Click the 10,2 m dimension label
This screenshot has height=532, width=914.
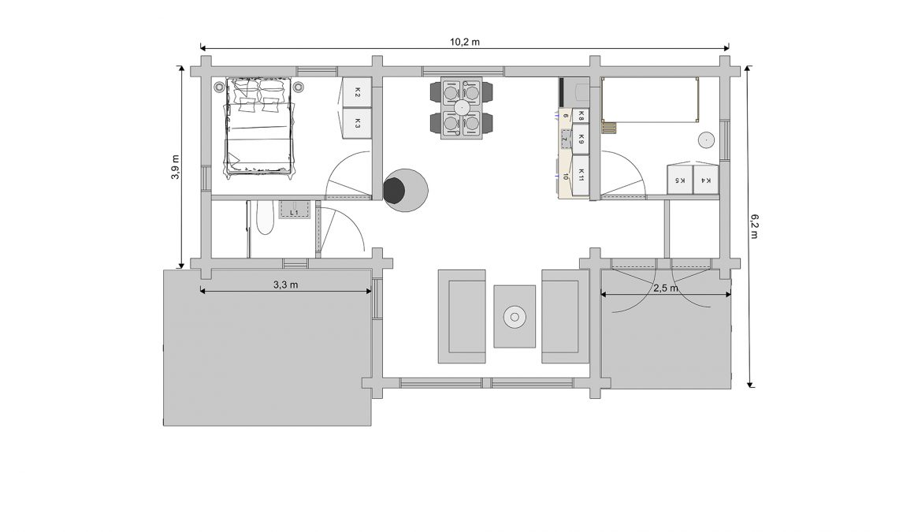(465, 42)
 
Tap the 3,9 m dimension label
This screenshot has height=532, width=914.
(176, 167)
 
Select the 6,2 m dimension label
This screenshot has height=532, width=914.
(754, 226)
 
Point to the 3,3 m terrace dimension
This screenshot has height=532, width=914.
(285, 285)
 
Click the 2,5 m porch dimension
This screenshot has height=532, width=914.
(666, 288)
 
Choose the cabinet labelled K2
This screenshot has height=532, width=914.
(357, 92)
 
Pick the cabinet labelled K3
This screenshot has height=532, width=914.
(357, 124)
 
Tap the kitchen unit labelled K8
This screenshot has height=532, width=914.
(581, 116)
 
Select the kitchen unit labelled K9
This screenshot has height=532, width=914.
(581, 139)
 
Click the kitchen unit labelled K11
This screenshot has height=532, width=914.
(581, 174)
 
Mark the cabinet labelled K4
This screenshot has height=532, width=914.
(705, 180)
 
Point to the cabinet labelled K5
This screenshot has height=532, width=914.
(680, 180)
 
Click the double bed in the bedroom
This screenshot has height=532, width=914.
(258, 125)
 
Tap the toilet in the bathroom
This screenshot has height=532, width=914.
(266, 217)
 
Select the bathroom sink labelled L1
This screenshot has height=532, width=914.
(295, 209)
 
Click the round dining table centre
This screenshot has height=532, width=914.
(463, 107)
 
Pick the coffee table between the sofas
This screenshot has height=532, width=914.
(515, 317)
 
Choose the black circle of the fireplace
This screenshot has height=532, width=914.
(395, 190)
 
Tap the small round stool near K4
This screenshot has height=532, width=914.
(707, 140)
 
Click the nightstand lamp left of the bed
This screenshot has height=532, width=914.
(218, 87)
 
